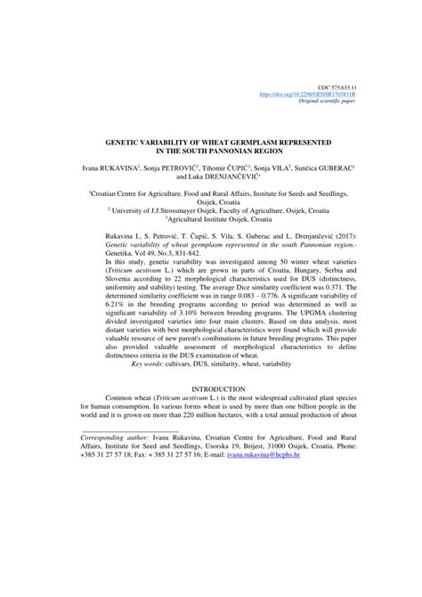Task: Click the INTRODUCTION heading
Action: click(210, 414)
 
